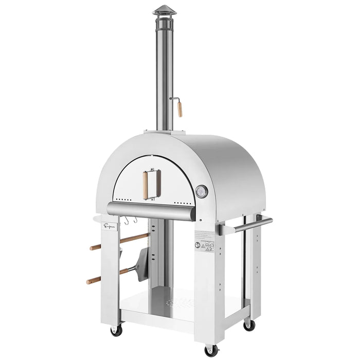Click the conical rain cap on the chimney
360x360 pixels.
point(164,11)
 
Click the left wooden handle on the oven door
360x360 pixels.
point(145,180)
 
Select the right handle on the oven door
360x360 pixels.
point(158,179)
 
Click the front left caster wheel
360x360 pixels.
point(115,331)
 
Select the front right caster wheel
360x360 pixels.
point(211,350)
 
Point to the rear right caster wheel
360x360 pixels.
point(249,326)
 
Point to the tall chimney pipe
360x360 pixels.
point(164,72)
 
